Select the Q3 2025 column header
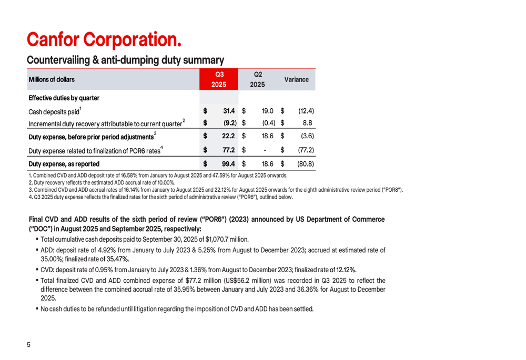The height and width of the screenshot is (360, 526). pos(219,79)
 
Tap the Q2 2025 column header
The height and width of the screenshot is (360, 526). pos(257,79)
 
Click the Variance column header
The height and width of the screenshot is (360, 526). pos(296,79)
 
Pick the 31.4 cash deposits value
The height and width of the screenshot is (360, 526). pos(228,111)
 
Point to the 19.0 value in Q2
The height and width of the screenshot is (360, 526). pos(267,111)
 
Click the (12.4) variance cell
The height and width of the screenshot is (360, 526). pos(306,111)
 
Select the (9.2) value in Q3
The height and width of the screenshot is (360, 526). pos(227,124)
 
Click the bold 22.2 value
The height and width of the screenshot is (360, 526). pos(228,137)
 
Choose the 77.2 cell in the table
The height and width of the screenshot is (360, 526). pos(228,150)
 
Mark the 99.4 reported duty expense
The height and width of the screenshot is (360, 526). pos(228,164)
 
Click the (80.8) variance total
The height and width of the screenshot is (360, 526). pos(305,164)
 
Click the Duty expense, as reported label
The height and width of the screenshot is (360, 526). pos(64,164)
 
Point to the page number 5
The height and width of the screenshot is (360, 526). pos(29,345)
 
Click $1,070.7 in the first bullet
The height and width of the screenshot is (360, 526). pos(218,240)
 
